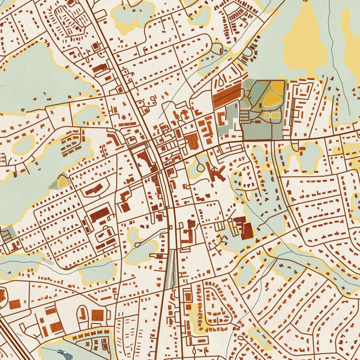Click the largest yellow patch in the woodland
pyautogui.click(x=305, y=42)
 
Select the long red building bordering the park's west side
pyautogui.click(x=226, y=95)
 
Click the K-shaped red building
pyautogui.click(x=214, y=173)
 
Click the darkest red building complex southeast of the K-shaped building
pyautogui.click(x=245, y=229)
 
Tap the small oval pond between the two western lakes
pyautogui.click(x=24, y=145)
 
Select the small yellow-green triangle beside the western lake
pyautogui.click(x=61, y=181)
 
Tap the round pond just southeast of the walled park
pyautogui.click(x=310, y=157)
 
